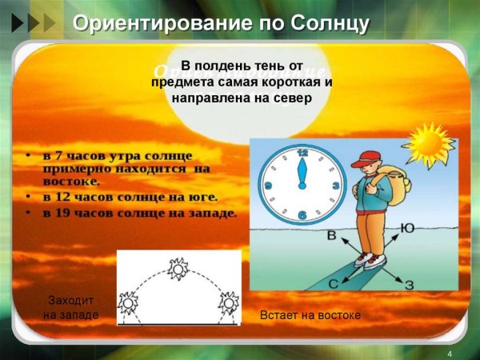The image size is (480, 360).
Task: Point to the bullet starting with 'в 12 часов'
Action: coord(128,195)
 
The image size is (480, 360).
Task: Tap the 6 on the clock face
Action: coord(302,216)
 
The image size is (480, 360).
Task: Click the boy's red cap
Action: coord(370,158)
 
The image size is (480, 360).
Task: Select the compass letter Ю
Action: coord(407,229)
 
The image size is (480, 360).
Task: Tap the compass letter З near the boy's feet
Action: coord(409,285)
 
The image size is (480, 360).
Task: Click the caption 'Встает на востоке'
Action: coord(311,316)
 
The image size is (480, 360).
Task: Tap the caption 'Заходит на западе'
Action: coord(71,308)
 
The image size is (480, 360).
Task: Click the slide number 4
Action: coord(450,354)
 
